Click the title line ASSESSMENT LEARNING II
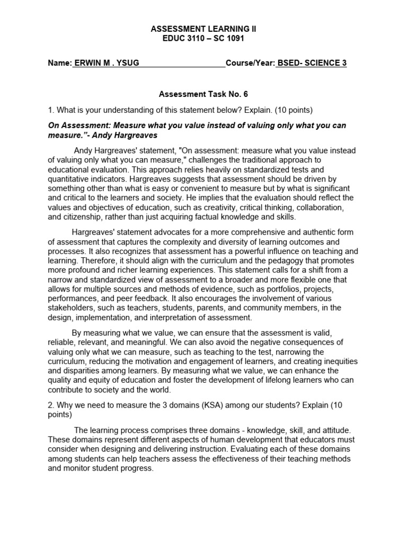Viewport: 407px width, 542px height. coord(203,29)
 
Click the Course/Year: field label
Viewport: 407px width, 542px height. coord(250,63)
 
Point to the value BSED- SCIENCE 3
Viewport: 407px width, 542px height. coord(312,63)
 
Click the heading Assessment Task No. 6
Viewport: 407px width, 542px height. coord(203,94)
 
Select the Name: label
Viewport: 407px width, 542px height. coord(59,63)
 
